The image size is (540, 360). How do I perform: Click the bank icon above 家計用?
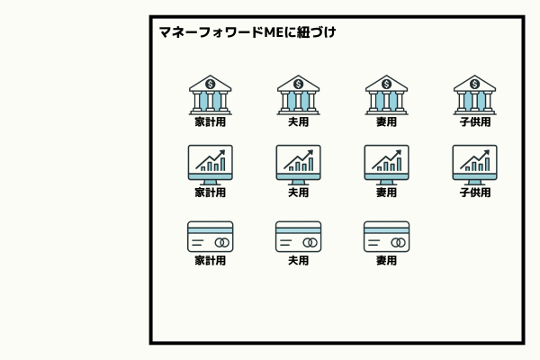coord(210,94)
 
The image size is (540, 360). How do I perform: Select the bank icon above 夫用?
coord(298,94)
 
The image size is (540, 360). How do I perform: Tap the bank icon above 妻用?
coord(386,94)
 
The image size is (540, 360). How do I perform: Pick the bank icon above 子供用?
coord(474,94)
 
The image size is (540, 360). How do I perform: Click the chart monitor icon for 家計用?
coord(210,164)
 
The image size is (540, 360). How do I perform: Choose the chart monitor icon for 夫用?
coord(298,164)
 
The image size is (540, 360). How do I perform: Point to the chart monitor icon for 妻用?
coord(386,164)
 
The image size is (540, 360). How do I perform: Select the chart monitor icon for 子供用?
coord(474,164)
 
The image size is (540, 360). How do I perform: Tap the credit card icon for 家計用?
coord(210,237)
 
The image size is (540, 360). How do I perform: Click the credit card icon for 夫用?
coord(298,237)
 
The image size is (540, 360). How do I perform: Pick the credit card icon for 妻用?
coord(386,237)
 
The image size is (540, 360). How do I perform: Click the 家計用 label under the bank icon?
coord(210,121)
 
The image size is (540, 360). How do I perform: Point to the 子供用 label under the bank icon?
coord(474,121)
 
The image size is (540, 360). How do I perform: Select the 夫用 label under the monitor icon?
coord(298,192)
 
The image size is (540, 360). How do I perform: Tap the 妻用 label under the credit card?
coord(386,261)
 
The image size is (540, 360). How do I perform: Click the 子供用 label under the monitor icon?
coord(474,192)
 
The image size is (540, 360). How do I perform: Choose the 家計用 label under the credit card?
coord(210,261)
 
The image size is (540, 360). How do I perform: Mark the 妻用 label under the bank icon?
coord(386,121)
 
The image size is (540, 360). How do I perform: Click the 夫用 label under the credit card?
coord(298,261)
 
